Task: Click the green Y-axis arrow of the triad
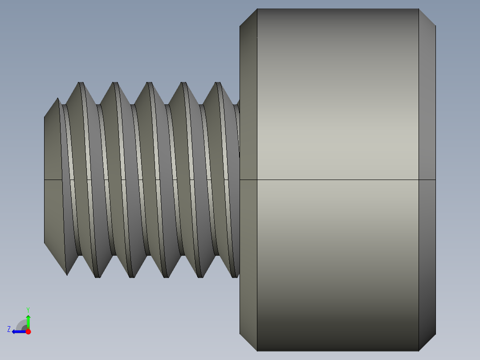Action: (x=28, y=320)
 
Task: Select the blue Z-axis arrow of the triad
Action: (x=18, y=331)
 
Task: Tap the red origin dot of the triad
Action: (x=28, y=331)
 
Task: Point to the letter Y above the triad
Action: (x=28, y=309)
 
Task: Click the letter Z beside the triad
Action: (x=9, y=329)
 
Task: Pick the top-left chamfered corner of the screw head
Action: (x=248, y=17)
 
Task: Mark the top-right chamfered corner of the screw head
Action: (x=427, y=17)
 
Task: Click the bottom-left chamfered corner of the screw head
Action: (x=248, y=342)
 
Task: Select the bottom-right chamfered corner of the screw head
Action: (x=427, y=342)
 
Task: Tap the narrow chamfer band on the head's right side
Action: (x=427, y=134)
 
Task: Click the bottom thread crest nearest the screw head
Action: (x=235, y=276)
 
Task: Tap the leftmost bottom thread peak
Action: (x=67, y=274)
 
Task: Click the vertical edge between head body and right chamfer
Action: (x=419, y=111)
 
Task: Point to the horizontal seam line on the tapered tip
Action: (x=53, y=180)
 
